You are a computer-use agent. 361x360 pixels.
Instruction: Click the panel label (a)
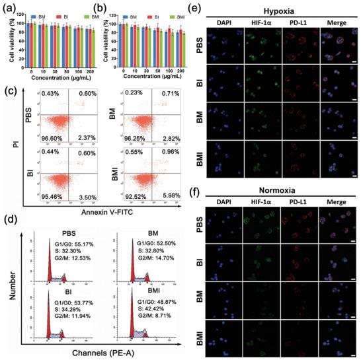(9, 7)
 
